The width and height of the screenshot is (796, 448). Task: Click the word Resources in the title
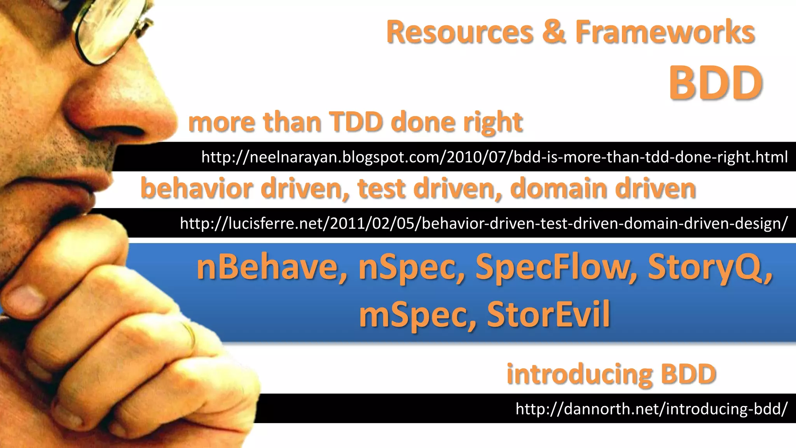[460, 32]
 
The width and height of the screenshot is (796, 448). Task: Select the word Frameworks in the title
[665, 32]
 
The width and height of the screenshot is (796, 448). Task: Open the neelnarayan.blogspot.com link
[494, 157]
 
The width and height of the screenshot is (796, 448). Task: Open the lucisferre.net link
[484, 223]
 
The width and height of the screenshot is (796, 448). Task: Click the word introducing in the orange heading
[579, 374]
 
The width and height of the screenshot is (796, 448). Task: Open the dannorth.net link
[651, 409]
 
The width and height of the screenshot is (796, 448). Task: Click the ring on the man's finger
[190, 334]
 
